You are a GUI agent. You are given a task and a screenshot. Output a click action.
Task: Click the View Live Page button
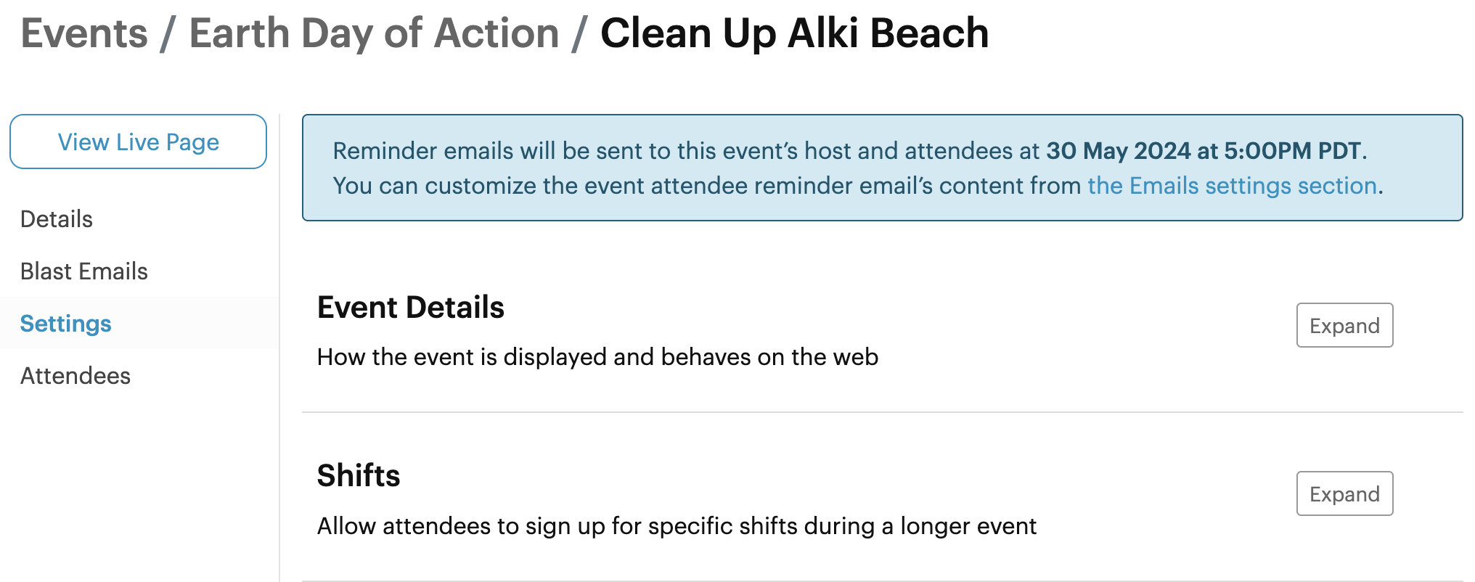138,142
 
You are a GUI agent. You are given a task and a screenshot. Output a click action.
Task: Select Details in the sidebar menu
57,219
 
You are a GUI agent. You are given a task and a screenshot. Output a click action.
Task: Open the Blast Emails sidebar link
84,271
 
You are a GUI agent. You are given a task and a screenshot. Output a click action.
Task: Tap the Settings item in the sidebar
66,324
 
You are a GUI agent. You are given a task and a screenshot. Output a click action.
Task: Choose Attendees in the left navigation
75,376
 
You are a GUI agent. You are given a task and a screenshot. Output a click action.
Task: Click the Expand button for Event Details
1344,325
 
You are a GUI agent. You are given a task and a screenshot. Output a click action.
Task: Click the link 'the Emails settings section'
1232,186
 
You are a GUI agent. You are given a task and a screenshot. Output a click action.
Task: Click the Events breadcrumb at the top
84,33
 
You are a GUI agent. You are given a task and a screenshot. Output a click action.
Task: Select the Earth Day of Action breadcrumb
374,33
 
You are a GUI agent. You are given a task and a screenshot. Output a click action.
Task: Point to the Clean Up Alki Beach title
794,33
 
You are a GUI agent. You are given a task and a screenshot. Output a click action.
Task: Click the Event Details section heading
411,308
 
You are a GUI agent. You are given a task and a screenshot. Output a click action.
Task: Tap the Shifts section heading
359,476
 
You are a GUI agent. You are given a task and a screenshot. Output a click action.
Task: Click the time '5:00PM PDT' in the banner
1292,151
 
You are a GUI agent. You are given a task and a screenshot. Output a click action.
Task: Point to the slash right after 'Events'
168,35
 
